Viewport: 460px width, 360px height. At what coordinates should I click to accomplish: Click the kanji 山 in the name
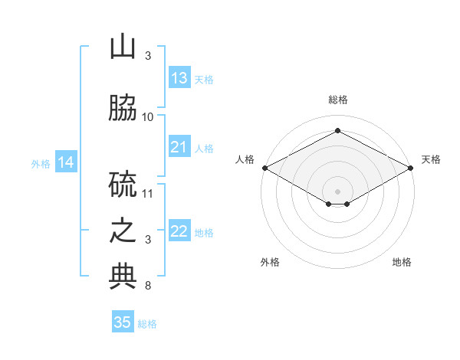(123, 47)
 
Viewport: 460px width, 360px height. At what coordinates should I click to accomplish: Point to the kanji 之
(123, 231)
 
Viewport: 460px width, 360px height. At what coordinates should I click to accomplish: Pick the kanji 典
(123, 277)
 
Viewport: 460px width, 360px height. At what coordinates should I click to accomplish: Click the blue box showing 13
(179, 78)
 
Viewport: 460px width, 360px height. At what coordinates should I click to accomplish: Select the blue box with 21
(179, 147)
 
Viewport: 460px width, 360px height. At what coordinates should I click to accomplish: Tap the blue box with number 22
(179, 231)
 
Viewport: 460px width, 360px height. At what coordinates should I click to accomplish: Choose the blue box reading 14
(66, 162)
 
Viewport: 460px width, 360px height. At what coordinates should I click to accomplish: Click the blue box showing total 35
(123, 322)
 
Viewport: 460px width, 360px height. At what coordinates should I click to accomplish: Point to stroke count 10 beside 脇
(148, 116)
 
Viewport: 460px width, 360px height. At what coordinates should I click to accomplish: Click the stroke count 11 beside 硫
(148, 193)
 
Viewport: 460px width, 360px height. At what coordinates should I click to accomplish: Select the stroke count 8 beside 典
(148, 286)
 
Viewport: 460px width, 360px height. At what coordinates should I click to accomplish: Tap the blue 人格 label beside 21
(204, 148)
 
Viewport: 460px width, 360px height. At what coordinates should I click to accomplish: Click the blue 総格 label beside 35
(147, 323)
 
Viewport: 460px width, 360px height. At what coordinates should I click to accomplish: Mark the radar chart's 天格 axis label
(431, 159)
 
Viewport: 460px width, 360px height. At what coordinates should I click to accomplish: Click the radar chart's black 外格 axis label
(270, 262)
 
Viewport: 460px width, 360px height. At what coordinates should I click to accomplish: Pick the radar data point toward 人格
(264, 168)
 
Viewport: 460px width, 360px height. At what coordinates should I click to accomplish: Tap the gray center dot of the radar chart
(337, 190)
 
